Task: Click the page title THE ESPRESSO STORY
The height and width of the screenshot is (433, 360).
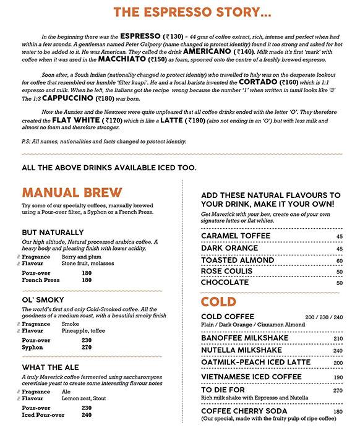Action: click(179, 12)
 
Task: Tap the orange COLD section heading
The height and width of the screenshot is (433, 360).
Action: click(219, 302)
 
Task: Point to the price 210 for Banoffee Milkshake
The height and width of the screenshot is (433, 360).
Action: click(338, 339)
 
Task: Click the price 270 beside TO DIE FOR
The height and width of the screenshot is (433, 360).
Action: click(338, 391)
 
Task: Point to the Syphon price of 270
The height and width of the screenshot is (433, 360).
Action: click(86, 348)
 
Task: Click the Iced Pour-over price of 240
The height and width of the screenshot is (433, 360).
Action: click(86, 415)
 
